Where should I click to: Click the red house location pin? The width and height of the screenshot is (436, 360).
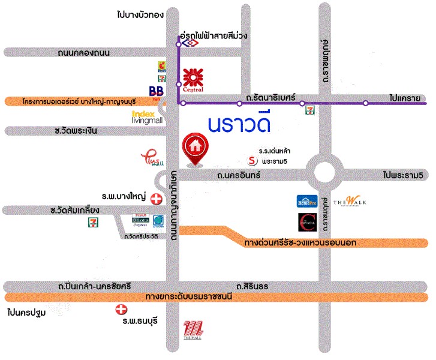coord(194,149)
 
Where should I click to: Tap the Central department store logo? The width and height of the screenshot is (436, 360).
coord(193,80)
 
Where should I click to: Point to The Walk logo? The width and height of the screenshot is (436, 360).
coord(350,202)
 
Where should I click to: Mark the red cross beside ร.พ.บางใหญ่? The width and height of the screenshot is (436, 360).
coord(156,199)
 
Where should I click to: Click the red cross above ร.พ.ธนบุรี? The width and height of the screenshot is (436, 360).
coord(122,310)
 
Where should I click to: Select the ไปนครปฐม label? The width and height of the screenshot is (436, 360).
coord(28,313)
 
